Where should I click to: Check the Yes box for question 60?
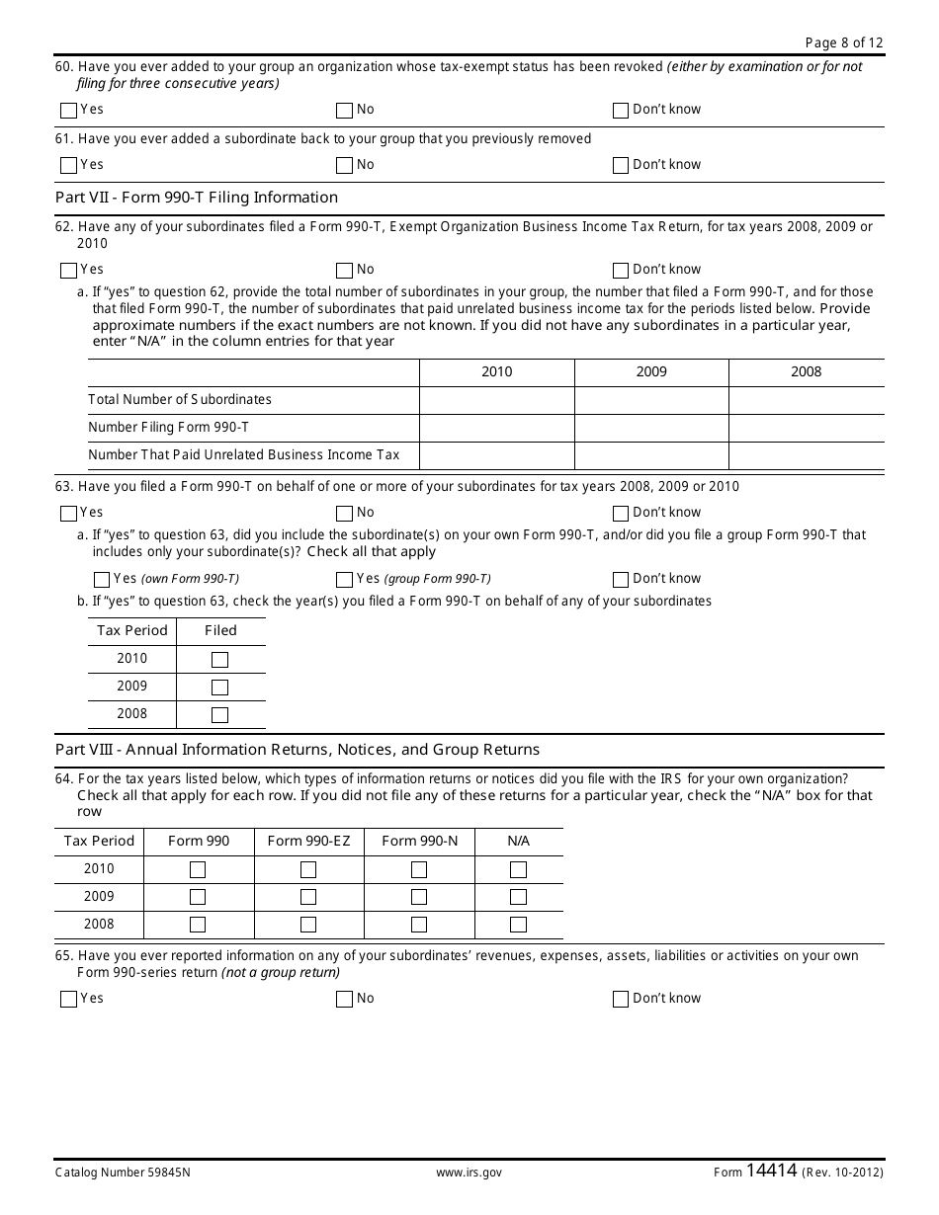click(68, 111)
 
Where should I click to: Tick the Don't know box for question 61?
click(621, 166)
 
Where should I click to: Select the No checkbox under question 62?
click(344, 271)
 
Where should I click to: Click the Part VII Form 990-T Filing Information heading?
click(197, 198)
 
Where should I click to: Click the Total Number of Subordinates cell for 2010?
click(496, 400)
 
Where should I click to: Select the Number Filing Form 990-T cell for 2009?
click(651, 428)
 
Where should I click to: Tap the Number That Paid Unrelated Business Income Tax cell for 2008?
click(806, 455)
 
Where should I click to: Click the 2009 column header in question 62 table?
click(651, 372)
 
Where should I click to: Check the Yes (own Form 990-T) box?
click(102, 580)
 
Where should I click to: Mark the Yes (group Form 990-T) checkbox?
click(344, 580)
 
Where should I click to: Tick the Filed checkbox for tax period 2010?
click(219, 660)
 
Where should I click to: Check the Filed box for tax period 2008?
click(219, 715)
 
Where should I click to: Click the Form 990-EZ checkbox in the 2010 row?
click(308, 870)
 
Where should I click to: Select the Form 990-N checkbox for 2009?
click(419, 898)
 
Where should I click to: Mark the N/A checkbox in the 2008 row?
click(518, 926)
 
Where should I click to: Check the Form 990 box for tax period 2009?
click(198, 898)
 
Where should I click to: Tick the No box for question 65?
click(344, 1000)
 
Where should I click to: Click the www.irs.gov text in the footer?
click(469, 1173)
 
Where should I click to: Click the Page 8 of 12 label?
click(843, 41)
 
